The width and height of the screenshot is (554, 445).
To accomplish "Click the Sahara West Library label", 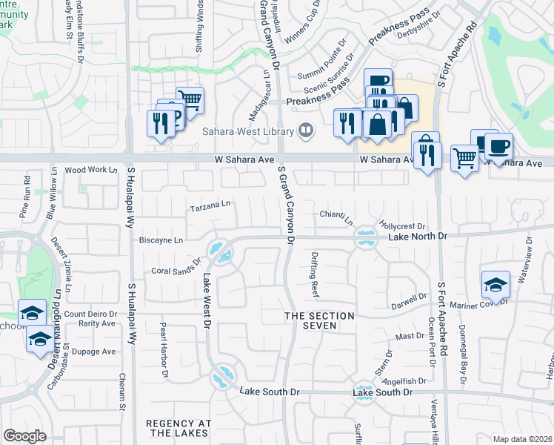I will coord(247,131).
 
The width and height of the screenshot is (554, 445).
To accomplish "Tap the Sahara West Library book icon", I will coord(304,131).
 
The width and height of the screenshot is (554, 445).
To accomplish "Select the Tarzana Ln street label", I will coord(210,205).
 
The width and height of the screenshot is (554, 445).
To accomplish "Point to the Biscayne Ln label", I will coord(161,240).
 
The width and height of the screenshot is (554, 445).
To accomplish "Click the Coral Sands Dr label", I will coord(176,266).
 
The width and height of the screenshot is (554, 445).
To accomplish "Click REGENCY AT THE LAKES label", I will coord(179,429).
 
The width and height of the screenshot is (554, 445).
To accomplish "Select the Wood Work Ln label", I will coord(91,170).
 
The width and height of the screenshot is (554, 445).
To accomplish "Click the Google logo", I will coord(24,436).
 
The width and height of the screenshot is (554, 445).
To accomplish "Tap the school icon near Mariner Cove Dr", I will coord(495,283).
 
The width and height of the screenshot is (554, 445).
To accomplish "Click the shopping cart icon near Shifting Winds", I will coord(191,99).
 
